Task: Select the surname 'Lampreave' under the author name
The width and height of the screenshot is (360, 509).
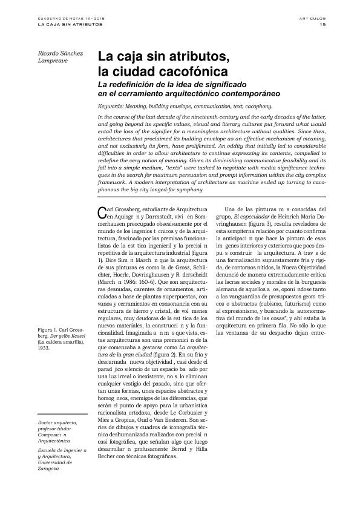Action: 53,61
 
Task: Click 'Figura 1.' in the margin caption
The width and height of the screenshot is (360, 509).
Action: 49,329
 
